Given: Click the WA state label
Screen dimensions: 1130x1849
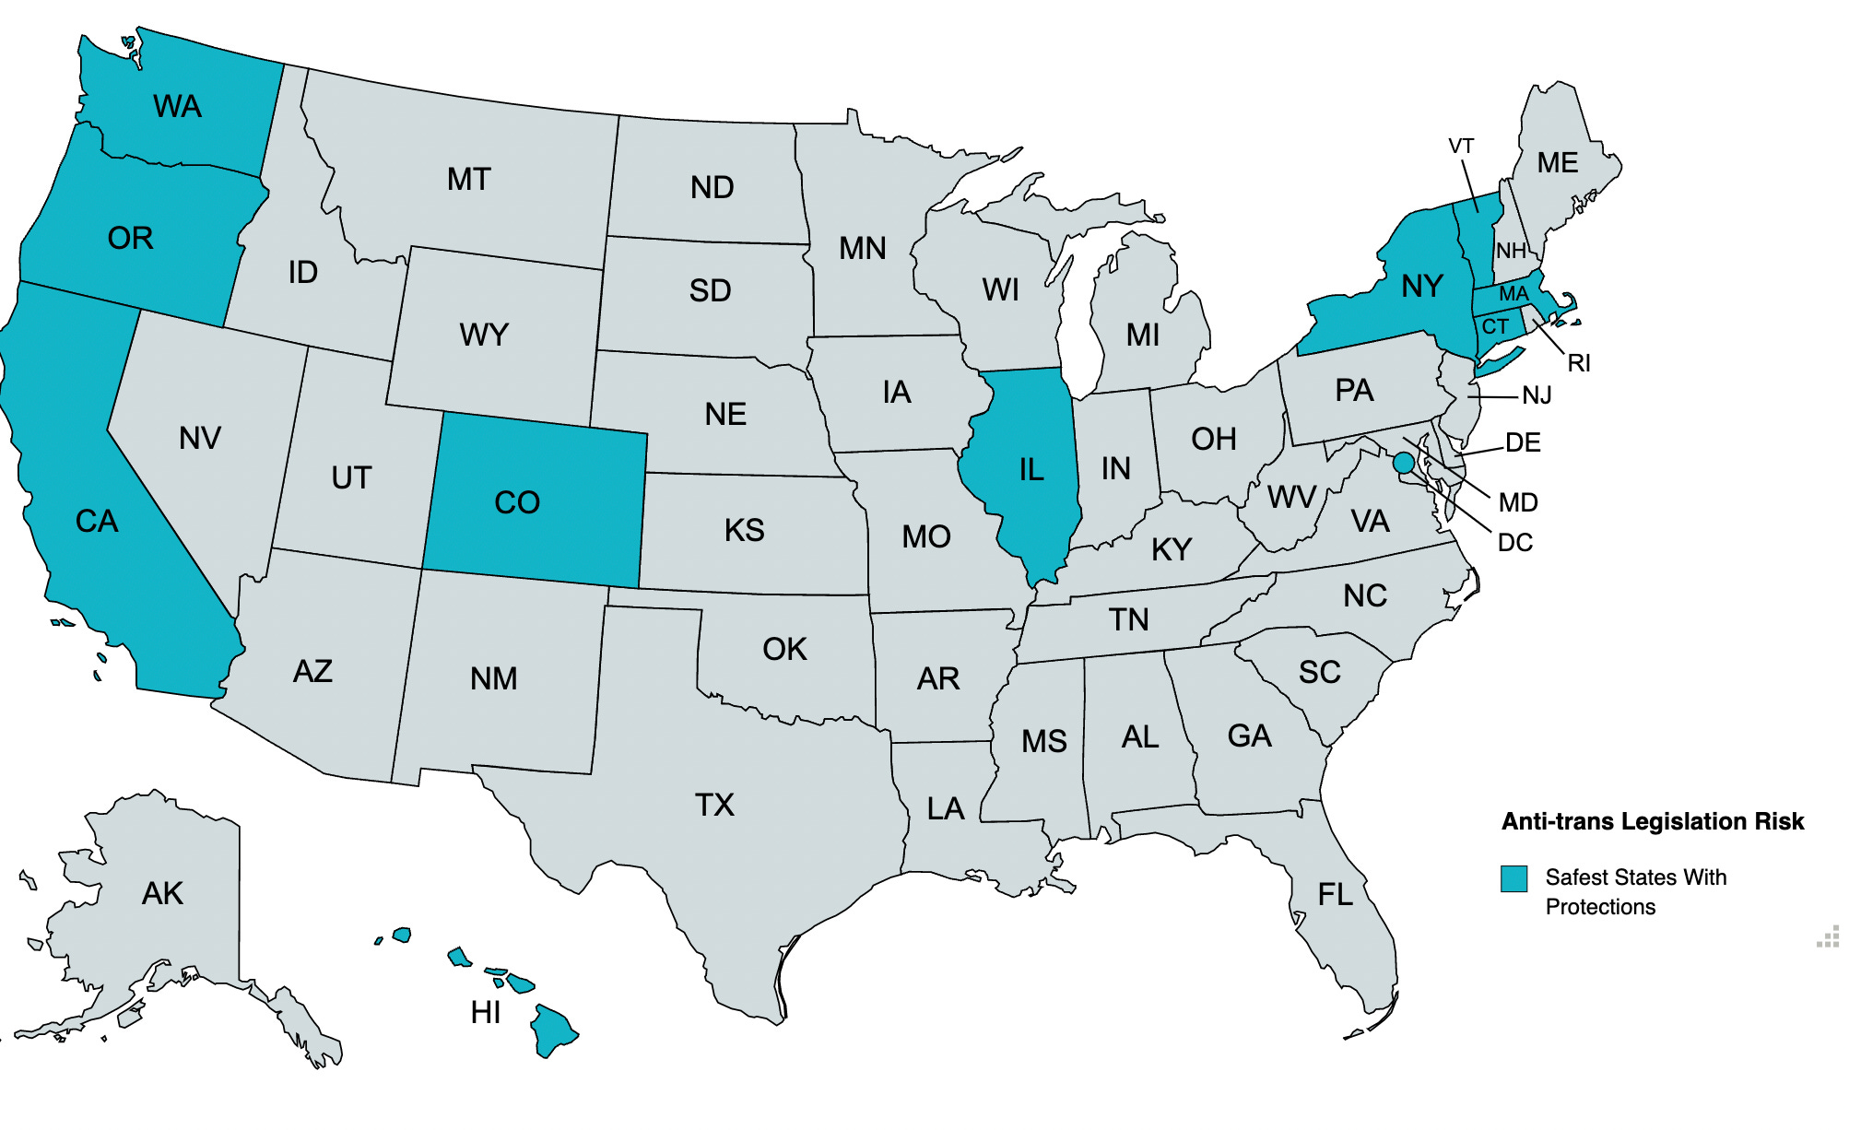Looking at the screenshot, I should pos(177,107).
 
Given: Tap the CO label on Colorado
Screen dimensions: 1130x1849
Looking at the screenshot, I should pos(516,502).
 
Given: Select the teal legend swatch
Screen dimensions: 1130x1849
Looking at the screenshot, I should pos(1513,878).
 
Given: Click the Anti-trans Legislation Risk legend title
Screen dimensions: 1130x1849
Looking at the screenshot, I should pos(1652,821).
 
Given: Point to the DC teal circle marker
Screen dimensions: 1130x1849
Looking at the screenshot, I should pos(1404,463).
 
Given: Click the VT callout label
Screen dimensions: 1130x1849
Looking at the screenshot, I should pos(1461,147).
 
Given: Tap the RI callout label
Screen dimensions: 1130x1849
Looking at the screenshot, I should pos(1579,363).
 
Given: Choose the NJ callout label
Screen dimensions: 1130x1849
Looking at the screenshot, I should pos(1537,395).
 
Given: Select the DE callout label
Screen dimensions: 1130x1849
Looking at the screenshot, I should pos(1523,443).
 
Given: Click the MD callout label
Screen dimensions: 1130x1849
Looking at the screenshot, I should pos(1518,502).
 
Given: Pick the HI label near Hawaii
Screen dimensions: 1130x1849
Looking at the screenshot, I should pos(486,1013).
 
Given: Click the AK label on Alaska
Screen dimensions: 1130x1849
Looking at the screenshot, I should pos(162,893).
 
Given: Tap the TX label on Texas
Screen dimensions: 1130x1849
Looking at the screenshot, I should pos(714,805).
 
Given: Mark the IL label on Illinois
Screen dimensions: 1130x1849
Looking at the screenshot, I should pos(1031,470).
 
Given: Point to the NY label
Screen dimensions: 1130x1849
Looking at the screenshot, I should pos(1421,287).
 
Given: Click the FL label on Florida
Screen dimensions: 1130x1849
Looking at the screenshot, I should pos(1335,894).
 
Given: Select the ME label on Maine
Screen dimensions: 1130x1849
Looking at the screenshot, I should pos(1558,163).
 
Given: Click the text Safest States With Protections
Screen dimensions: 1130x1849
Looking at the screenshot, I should pos(1635,891).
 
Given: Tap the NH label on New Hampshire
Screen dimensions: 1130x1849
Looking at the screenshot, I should pos(1511,251).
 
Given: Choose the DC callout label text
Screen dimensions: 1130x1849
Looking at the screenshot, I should pos(1515,543).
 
